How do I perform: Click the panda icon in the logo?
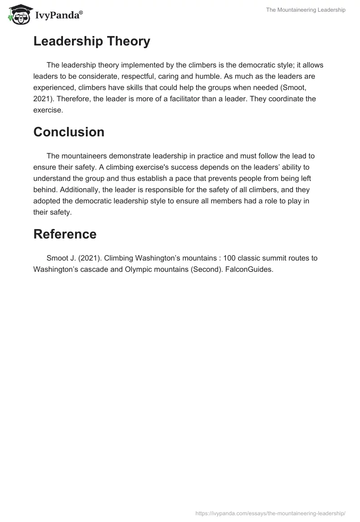click(18, 14)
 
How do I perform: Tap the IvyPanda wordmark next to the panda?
click(58, 15)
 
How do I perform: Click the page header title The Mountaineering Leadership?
click(306, 10)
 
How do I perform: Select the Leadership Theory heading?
click(92, 41)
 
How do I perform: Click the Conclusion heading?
click(69, 132)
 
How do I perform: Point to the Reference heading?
click(65, 234)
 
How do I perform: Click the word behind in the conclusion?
click(44, 189)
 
